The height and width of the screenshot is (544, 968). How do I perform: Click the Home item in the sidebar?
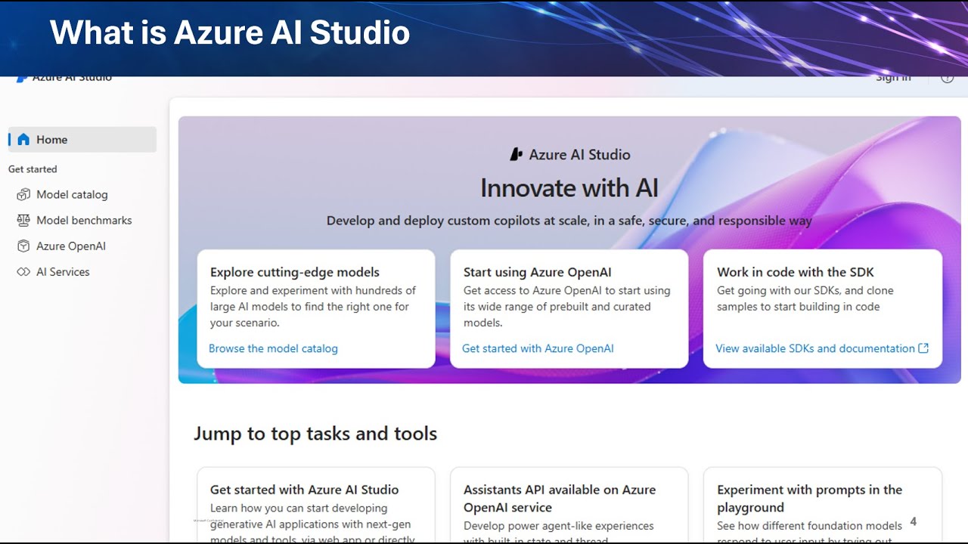(x=51, y=140)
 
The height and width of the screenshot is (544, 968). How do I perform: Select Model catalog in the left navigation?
(x=72, y=195)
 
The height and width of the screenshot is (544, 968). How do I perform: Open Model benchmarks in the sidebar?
(x=84, y=221)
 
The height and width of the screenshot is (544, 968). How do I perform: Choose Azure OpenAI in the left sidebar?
(x=71, y=246)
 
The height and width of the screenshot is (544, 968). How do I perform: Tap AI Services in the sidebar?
(x=63, y=272)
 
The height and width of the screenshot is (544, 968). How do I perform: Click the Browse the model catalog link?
(x=273, y=348)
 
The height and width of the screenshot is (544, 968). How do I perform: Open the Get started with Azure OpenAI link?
(x=538, y=348)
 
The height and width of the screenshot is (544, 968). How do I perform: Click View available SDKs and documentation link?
(x=814, y=348)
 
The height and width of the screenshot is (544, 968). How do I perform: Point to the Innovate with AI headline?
(x=569, y=188)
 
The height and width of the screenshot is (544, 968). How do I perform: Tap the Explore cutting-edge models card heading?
(x=294, y=272)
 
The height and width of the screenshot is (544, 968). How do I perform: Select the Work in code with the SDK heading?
(x=795, y=272)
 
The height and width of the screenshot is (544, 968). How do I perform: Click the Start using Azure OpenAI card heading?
(x=537, y=272)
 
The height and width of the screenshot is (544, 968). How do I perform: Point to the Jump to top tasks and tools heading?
(x=315, y=434)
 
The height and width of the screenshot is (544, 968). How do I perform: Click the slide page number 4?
(x=913, y=521)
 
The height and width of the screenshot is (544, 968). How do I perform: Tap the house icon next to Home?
(x=23, y=140)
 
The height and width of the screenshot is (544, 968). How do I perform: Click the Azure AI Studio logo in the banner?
(x=517, y=154)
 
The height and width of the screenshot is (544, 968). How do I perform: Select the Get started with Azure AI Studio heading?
(x=304, y=490)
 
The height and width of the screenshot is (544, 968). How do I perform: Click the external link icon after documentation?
(x=923, y=348)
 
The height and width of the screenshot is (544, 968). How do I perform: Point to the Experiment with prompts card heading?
(x=809, y=499)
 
